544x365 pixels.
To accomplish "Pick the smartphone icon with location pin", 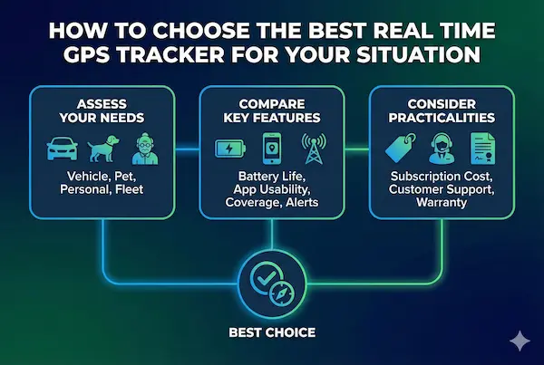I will [272, 148].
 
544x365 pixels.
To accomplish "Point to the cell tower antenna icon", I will [315, 147].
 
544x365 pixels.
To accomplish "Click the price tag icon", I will [397, 147].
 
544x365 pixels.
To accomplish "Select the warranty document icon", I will [481, 147].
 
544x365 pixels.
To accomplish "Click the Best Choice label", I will [272, 332].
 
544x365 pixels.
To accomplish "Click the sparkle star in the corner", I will [520, 341].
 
